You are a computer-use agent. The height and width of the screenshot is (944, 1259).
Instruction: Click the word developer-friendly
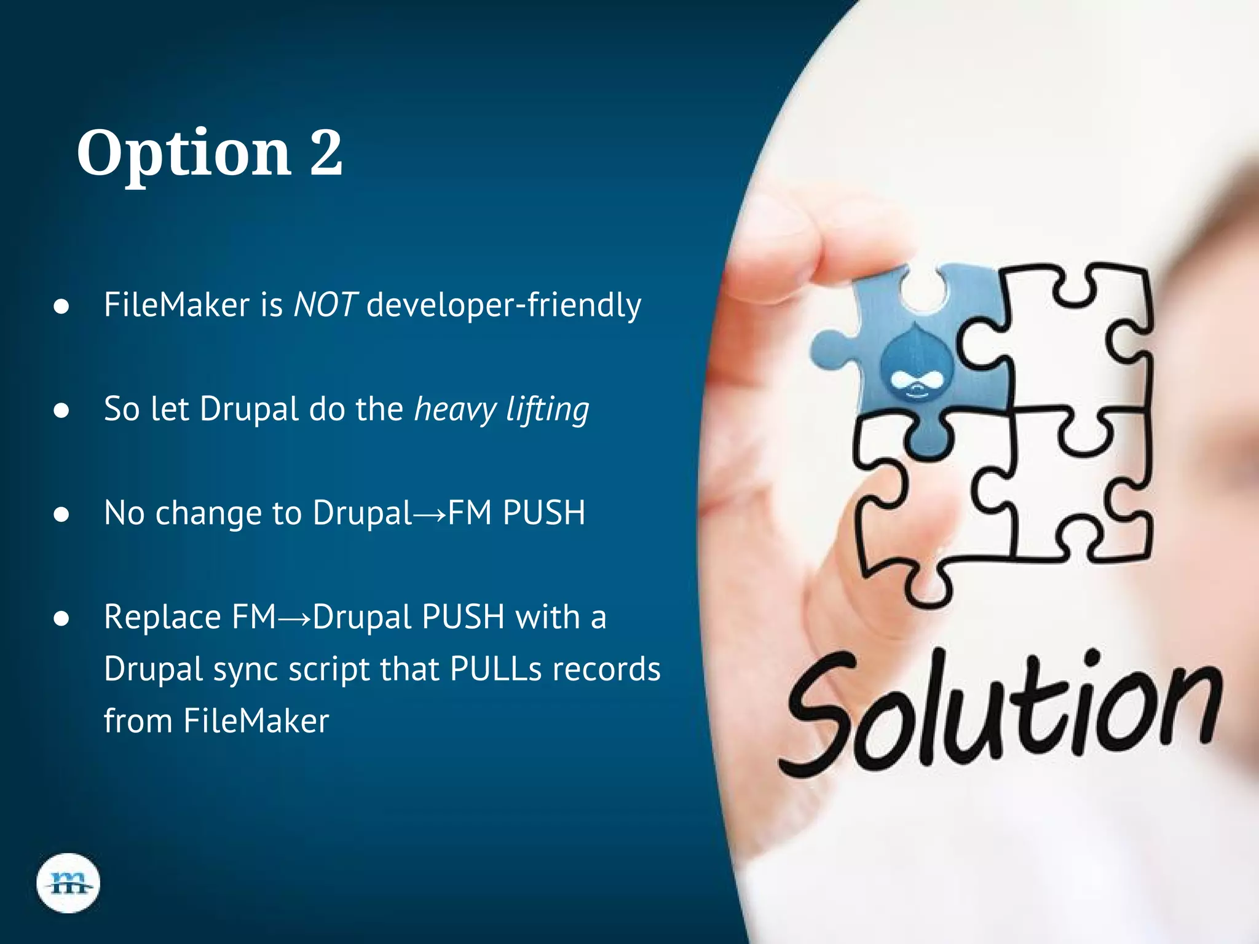(503, 305)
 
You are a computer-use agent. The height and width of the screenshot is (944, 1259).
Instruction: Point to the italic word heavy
(455, 410)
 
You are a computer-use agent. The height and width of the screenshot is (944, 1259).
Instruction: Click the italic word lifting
(547, 410)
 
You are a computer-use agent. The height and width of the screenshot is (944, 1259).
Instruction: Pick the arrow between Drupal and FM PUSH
(430, 514)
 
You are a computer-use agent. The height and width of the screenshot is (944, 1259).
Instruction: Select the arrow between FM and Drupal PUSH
(294, 618)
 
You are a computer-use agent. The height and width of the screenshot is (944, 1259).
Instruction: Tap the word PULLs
(495, 669)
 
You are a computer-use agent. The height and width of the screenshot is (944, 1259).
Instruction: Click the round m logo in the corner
(68, 883)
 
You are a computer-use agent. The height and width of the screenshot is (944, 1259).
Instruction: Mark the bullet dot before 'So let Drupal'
(61, 410)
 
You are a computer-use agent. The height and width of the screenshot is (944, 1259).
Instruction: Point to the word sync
(245, 671)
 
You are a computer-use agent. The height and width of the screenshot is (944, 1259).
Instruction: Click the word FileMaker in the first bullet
(176, 304)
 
